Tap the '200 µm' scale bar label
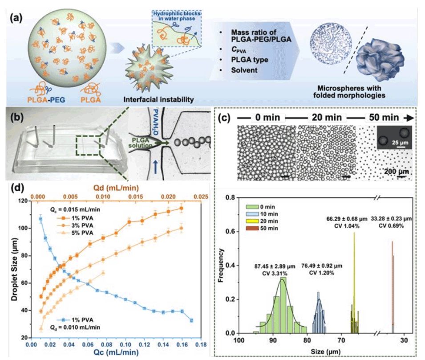coord(394,172)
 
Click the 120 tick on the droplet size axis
coord(24,201)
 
